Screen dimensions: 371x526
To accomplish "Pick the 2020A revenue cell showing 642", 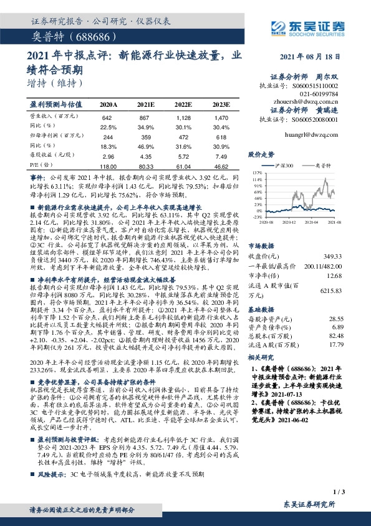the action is (x=107, y=117).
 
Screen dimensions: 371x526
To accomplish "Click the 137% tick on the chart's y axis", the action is (x=257, y=171).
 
